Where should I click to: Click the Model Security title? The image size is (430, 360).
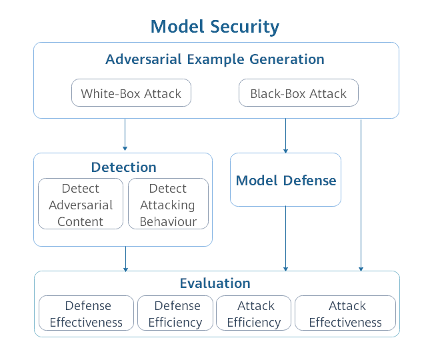point(215,27)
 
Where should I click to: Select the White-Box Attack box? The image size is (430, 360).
point(131,93)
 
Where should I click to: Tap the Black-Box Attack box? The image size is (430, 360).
point(298,93)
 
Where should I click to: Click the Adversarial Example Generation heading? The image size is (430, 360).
point(215,59)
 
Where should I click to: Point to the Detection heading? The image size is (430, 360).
point(123,167)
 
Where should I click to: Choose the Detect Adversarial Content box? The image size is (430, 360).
point(81,205)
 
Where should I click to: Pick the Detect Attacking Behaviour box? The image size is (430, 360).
point(168,205)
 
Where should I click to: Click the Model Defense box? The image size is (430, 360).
point(285,180)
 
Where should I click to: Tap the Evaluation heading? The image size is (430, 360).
point(215,283)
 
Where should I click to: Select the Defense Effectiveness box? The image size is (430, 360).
point(87,313)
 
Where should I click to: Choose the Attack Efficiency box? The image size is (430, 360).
point(254,313)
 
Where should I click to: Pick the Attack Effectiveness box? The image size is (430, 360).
point(345,313)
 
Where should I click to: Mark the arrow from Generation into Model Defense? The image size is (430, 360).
point(286,136)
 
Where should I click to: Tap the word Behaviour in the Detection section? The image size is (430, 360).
point(168,221)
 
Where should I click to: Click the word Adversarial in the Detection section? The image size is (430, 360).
point(81,205)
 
